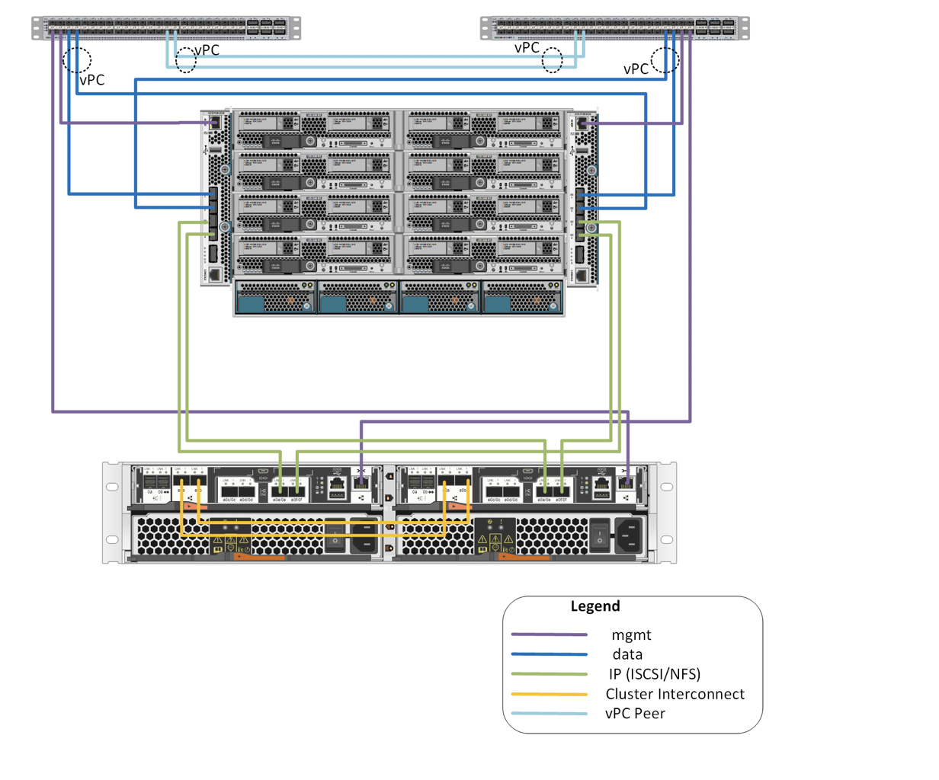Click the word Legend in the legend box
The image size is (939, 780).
coord(595,606)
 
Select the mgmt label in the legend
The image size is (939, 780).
coord(631,635)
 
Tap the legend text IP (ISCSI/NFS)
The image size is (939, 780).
coord(655,673)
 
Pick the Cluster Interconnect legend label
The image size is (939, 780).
coord(675,694)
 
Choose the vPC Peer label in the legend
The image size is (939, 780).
coord(635,714)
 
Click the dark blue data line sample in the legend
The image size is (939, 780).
coord(549,654)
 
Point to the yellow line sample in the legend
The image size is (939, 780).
coord(549,694)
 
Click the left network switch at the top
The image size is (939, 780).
coord(166,28)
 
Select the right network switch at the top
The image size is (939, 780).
coord(614,28)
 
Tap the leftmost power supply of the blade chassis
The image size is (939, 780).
coord(275,298)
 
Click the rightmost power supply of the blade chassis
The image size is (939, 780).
coord(523,298)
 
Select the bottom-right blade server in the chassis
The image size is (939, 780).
coord(485,254)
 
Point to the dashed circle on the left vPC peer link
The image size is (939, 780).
coord(185,61)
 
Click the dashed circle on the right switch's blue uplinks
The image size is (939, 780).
coord(665,60)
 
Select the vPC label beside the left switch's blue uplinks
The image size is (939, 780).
coord(92,80)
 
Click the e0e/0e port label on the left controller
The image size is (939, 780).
coord(280,500)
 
